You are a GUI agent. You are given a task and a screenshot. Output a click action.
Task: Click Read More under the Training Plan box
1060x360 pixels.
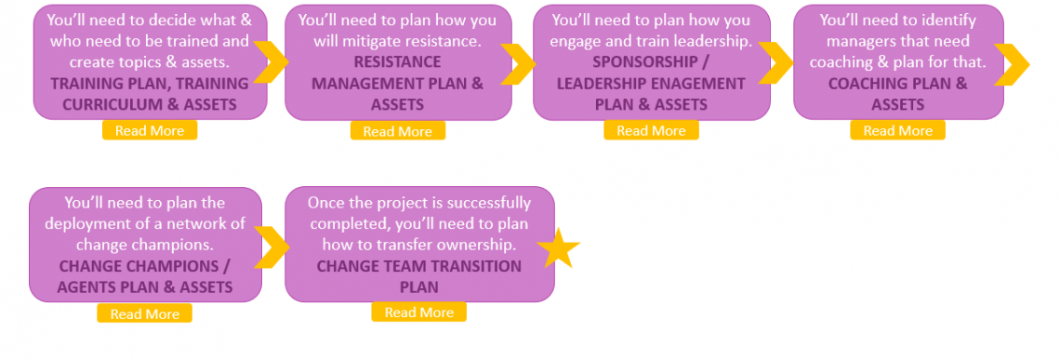click(149, 130)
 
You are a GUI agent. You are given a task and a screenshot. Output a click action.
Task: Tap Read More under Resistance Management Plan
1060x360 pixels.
click(397, 131)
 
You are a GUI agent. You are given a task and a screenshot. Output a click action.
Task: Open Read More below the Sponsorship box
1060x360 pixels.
click(651, 130)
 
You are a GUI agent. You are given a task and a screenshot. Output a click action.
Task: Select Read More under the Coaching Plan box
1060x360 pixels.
click(897, 130)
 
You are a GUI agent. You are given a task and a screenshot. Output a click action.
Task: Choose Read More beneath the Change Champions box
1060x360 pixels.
click(144, 313)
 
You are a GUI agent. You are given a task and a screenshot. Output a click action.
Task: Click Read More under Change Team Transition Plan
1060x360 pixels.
click(418, 313)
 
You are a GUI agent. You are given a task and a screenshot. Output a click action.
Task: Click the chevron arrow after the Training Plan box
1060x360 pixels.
click(272, 62)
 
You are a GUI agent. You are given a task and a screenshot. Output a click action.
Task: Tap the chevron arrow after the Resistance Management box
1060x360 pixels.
click(522, 62)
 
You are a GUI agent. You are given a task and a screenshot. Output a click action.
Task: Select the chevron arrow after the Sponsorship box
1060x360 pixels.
click(777, 62)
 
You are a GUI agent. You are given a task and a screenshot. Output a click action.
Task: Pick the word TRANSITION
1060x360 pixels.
click(474, 266)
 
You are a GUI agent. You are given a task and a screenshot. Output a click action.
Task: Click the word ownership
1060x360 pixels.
click(482, 245)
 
